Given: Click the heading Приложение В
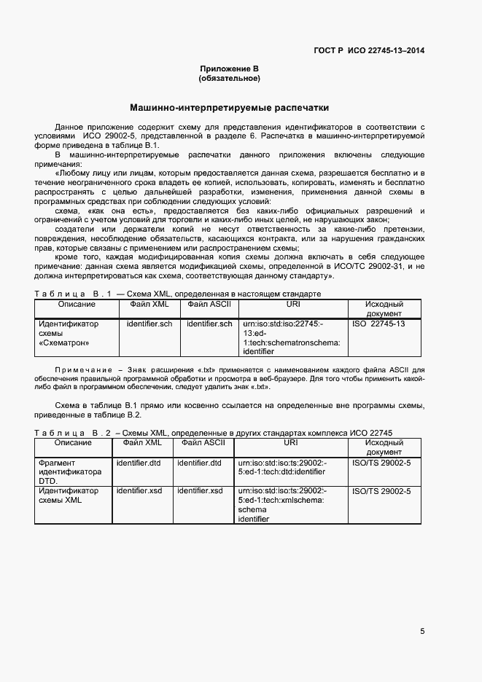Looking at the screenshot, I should pyautogui.click(x=230, y=68).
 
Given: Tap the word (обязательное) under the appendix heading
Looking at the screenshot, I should pyautogui.click(x=230, y=78).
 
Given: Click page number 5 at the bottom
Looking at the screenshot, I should pyautogui.click(x=422, y=630).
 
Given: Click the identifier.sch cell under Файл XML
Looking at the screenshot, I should pyautogui.click(x=149, y=324).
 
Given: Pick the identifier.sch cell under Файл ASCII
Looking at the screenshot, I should pyautogui.click(x=209, y=324).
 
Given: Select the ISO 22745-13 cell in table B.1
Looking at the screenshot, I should pyautogui.click(x=378, y=324).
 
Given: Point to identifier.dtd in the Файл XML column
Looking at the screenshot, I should pyautogui.click(x=139, y=463).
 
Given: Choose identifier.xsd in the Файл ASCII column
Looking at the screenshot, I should pyautogui.click(x=200, y=491).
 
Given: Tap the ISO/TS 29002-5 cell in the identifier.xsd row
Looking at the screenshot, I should pyautogui.click(x=381, y=491).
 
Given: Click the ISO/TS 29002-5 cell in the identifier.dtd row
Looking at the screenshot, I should pyautogui.click(x=381, y=463).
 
